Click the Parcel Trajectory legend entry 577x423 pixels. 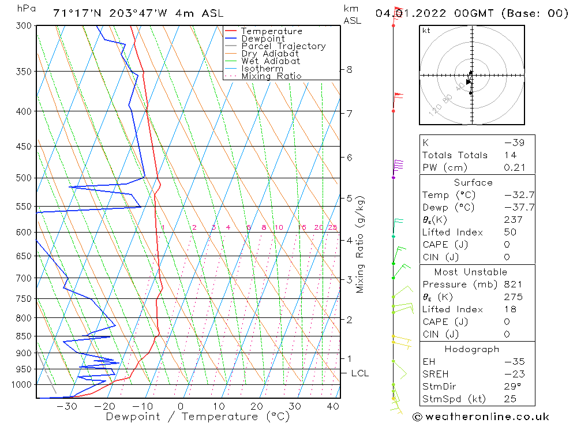tap(283, 46)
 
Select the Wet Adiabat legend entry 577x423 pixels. tap(271, 61)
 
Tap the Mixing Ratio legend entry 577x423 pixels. tap(271, 76)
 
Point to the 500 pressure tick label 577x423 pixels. tap(24, 178)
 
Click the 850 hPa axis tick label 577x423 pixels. tap(24, 336)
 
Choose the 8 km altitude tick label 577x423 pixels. tap(349, 70)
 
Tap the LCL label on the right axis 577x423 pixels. tap(359, 373)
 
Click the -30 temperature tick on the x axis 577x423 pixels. tap(68, 406)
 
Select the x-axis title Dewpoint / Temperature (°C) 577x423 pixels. tap(189, 417)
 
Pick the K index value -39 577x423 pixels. tap(511, 143)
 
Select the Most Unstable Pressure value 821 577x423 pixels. tap(513, 285)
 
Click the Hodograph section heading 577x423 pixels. tap(472, 349)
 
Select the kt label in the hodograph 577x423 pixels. tap(426, 31)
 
